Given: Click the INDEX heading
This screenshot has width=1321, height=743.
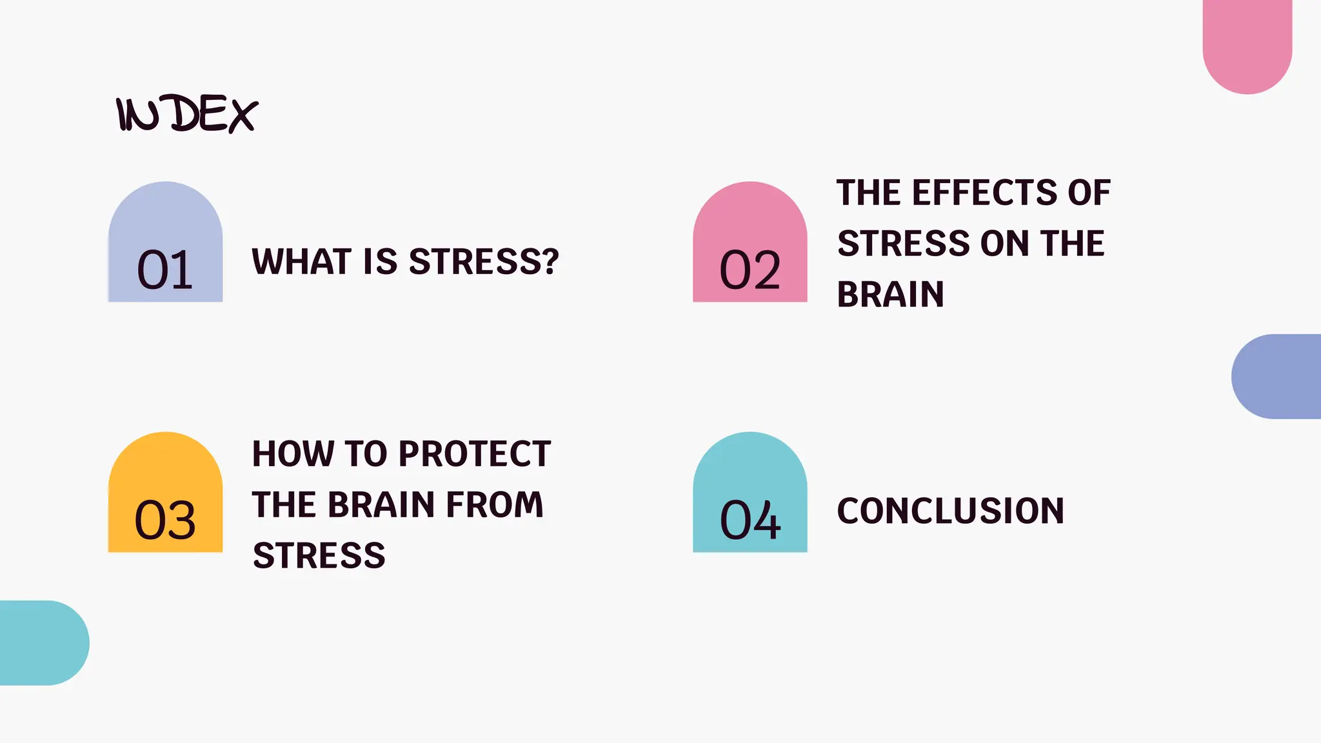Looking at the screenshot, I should [x=187, y=115].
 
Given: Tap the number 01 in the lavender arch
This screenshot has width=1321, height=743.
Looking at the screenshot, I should [x=165, y=270].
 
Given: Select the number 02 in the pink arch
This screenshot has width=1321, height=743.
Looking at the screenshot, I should [x=750, y=270].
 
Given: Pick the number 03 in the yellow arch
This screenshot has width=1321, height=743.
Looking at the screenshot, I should [x=165, y=520].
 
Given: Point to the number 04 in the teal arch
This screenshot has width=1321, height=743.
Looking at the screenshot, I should [x=750, y=520].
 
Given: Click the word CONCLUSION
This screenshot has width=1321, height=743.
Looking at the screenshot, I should [x=950, y=511].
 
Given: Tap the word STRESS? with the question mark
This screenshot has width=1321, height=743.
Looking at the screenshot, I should [x=484, y=262].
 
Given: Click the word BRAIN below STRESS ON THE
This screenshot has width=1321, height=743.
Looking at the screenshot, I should [x=890, y=295].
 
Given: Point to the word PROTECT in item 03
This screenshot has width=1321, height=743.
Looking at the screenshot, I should [x=475, y=454].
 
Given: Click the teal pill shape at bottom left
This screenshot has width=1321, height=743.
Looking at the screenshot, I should [x=43, y=642].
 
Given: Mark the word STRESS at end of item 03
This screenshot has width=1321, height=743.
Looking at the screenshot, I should [x=319, y=556].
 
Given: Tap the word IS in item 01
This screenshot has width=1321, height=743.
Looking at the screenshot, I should [x=380, y=262].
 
